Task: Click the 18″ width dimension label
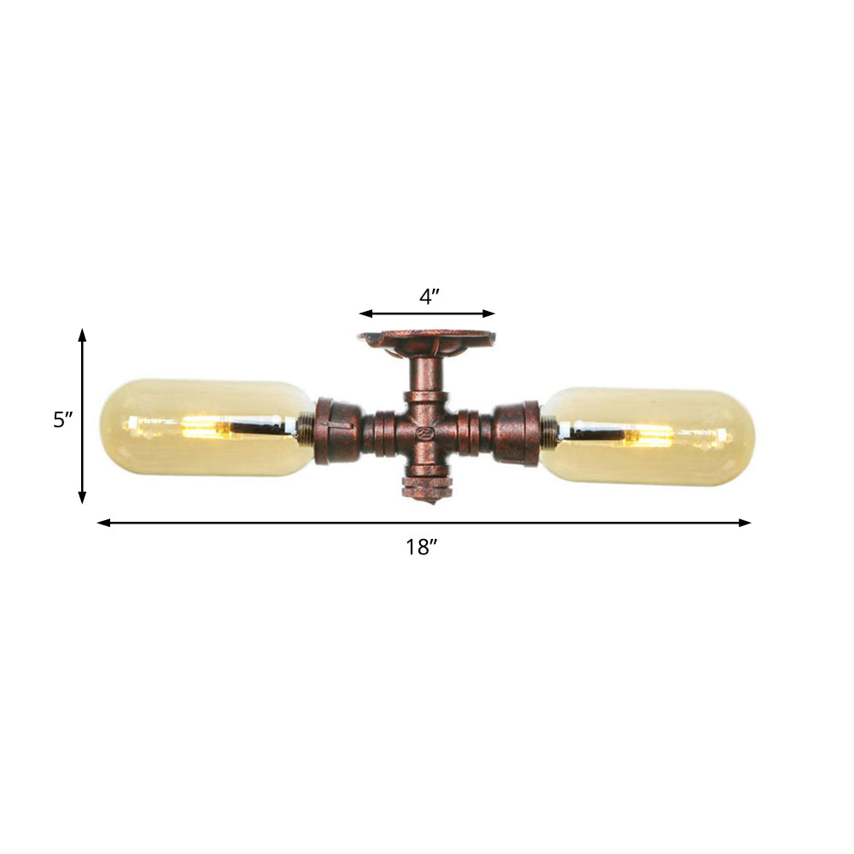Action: tap(421, 548)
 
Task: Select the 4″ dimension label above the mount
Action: tap(430, 297)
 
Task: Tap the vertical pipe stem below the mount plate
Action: tap(424, 376)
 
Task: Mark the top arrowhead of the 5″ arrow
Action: tap(83, 332)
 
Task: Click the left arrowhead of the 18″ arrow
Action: tap(102, 523)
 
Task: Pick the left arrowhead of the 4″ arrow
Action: tap(363, 313)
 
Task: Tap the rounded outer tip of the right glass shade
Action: tap(751, 437)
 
